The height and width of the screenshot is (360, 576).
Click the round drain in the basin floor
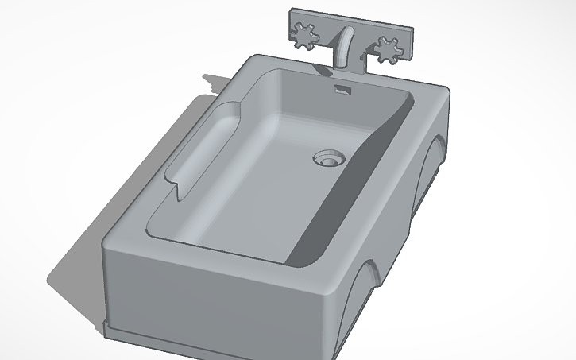328,157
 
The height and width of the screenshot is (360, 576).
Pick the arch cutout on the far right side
433,163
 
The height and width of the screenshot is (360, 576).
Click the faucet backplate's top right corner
413,29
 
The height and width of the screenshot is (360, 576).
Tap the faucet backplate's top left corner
291,10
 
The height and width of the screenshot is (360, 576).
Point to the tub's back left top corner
253,57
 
